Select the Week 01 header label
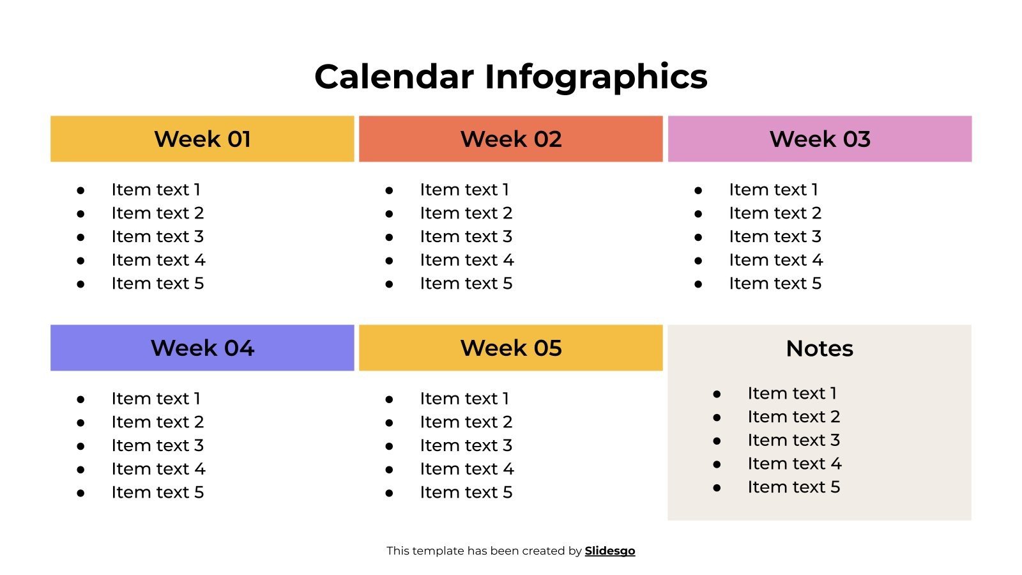202,139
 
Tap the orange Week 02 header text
510,139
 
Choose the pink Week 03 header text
820,139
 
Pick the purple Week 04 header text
202,348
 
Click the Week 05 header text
510,348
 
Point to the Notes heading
820,349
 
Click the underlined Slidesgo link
609,551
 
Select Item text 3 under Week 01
157,237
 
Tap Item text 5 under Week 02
466,284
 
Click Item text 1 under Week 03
773,190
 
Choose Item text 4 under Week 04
158,470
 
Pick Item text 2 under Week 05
466,422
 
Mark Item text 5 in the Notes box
793,487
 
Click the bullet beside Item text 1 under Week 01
80,190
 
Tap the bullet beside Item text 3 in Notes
717,441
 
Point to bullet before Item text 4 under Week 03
698,261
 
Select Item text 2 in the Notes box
793,417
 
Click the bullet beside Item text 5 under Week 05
389,493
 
